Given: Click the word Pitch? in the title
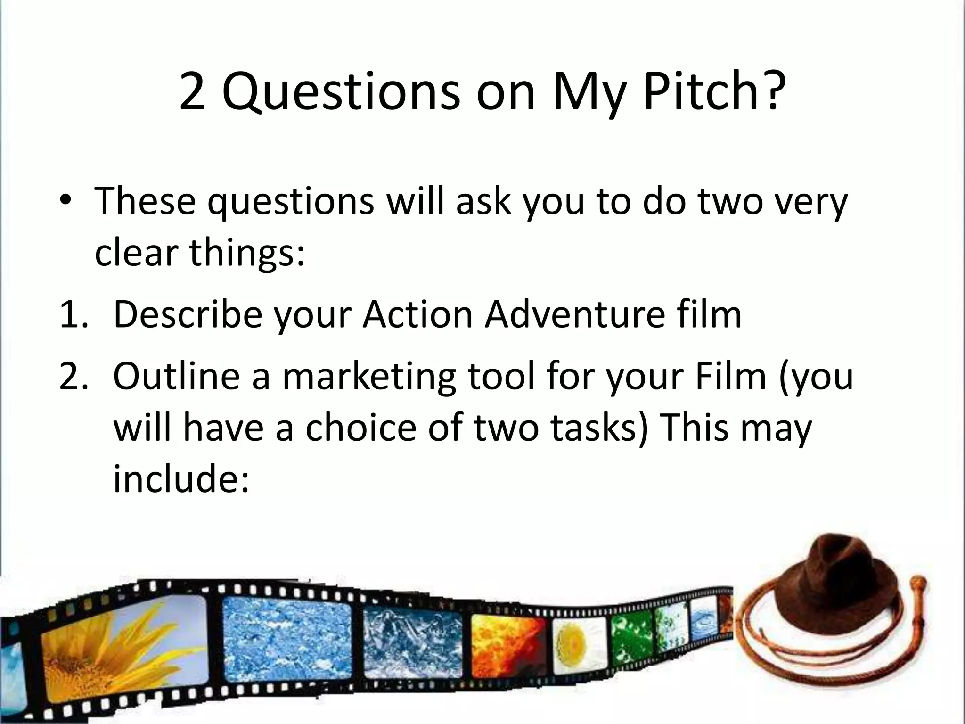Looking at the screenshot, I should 715,92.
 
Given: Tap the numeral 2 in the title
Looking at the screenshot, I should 192,92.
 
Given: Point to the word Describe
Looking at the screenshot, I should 188,314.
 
